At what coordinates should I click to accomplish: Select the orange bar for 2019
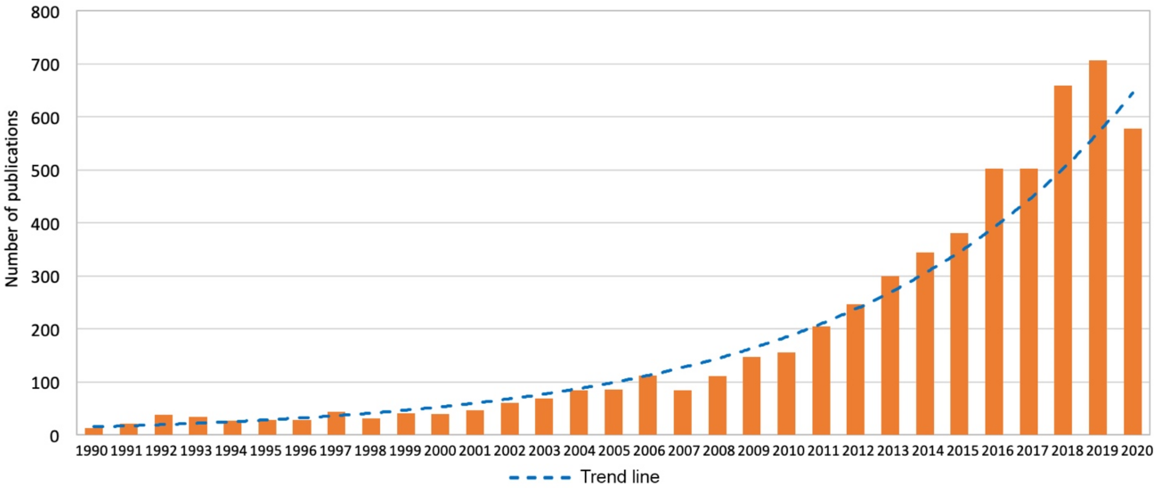pyautogui.click(x=1098, y=247)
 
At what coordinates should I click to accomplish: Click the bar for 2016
pyautogui.click(x=994, y=301)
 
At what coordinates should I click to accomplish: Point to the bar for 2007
pyautogui.click(x=682, y=412)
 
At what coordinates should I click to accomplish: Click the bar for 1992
pyautogui.click(x=164, y=425)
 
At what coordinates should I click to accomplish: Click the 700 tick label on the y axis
pyautogui.click(x=45, y=65)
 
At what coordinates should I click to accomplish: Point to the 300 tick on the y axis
pyautogui.click(x=45, y=277)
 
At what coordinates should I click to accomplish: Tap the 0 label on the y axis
pyautogui.click(x=54, y=436)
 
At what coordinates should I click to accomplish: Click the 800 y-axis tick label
pyautogui.click(x=45, y=12)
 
